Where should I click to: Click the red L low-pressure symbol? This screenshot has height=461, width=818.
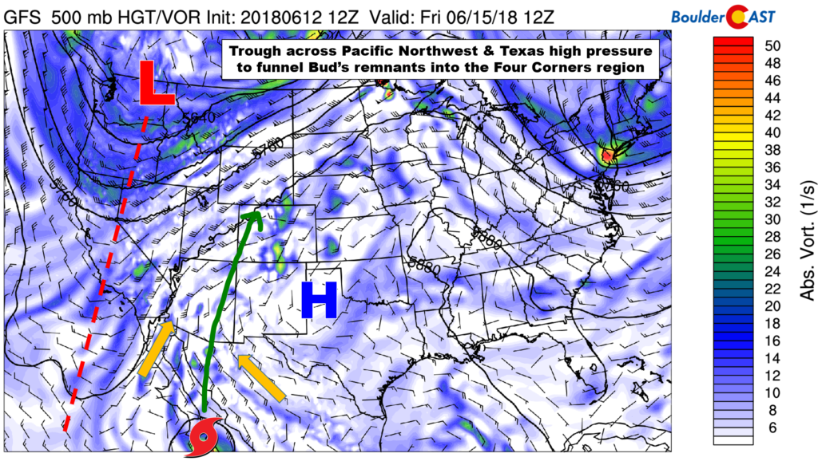coord(157,83)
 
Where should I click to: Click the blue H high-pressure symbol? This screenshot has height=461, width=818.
coord(318,301)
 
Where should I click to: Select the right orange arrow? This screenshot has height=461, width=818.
coord(261,378)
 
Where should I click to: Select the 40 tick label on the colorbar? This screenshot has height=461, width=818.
coord(772,132)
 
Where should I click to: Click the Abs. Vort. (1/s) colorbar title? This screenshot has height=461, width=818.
coord(804,239)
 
